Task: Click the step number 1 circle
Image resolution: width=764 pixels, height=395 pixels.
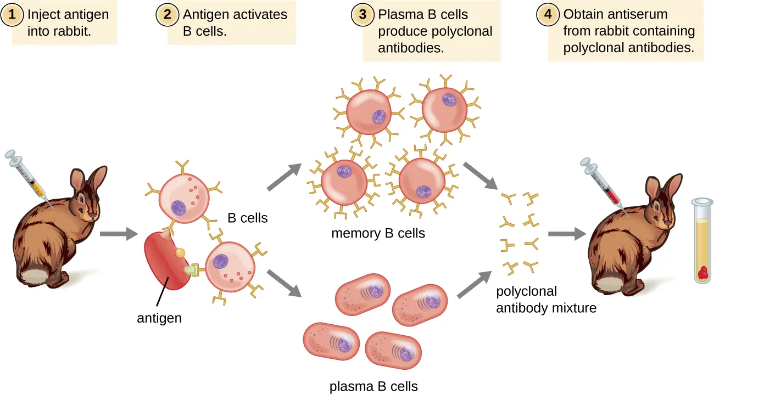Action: tap(12, 15)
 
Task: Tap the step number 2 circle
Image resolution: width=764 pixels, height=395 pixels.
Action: tap(167, 15)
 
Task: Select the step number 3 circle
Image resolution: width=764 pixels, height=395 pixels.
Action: tap(363, 15)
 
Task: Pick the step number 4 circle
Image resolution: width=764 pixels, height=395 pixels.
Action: tap(548, 15)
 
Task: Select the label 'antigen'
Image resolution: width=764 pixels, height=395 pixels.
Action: tap(159, 318)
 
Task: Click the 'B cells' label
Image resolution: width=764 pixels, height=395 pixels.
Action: tap(248, 218)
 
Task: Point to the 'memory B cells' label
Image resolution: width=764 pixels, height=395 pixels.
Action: tap(378, 233)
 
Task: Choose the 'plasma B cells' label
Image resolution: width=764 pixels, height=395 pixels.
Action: tap(373, 386)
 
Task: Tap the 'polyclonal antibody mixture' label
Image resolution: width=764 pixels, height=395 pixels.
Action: tap(546, 300)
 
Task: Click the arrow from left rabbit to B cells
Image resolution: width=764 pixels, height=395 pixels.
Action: tap(118, 234)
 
